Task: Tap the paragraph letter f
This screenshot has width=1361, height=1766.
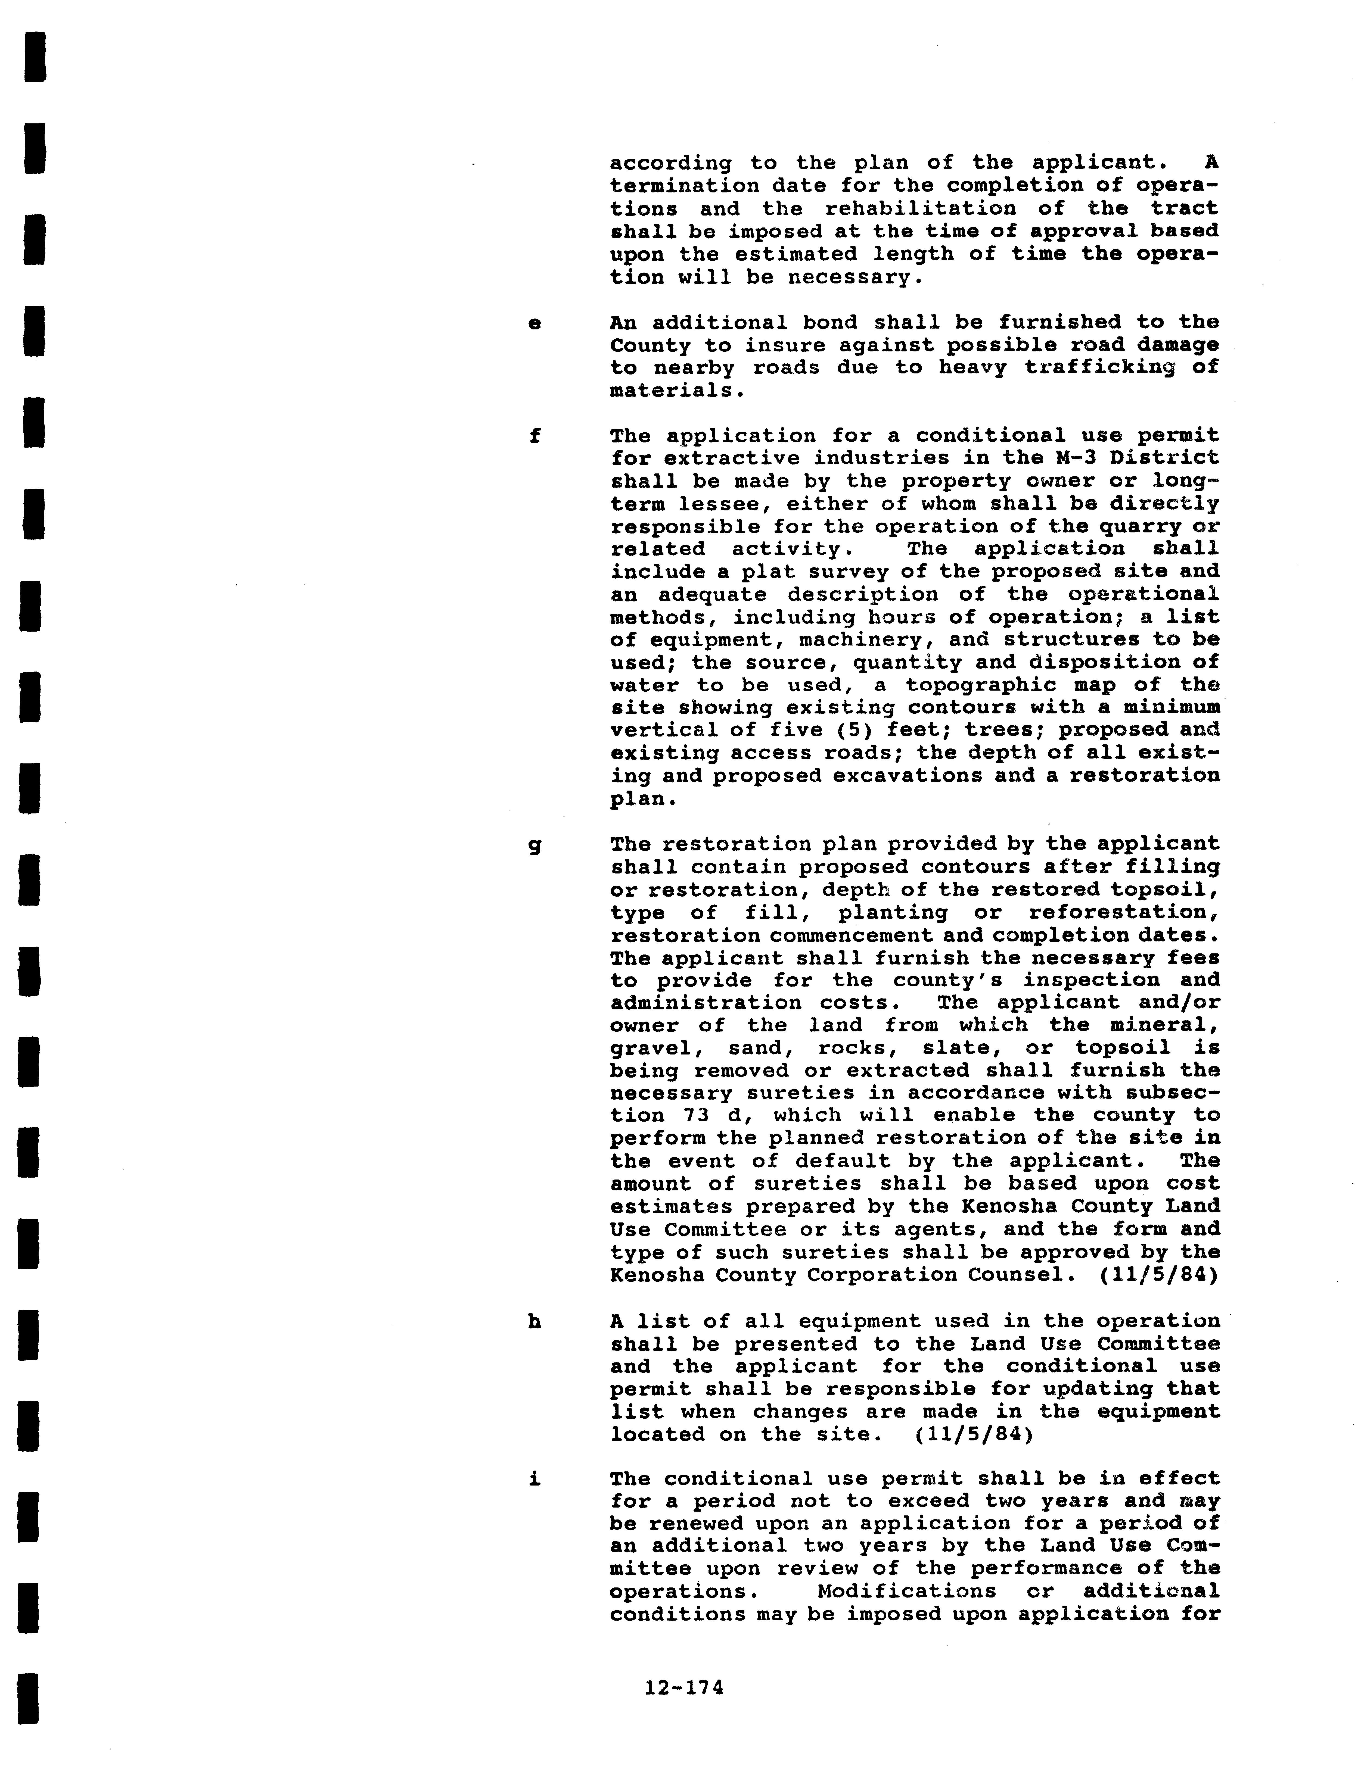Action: [x=534, y=436]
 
